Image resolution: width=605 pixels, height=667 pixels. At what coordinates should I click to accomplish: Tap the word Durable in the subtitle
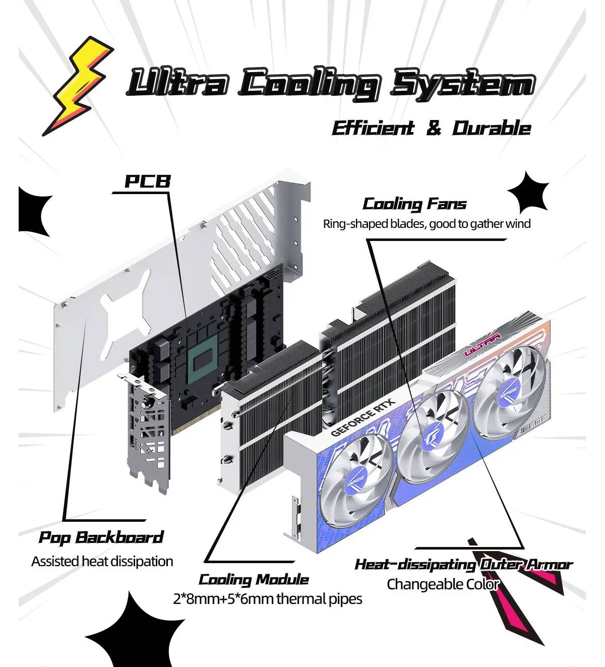point(491,128)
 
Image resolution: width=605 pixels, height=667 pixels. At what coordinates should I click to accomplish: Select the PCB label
point(147,181)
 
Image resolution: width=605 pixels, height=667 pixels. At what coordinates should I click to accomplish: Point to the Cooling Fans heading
point(414,204)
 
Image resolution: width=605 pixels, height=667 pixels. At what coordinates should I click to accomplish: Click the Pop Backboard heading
point(101,537)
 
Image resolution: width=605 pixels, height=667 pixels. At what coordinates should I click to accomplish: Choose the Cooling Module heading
point(254,580)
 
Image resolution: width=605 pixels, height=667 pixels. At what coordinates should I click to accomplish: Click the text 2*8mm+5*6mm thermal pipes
point(267,599)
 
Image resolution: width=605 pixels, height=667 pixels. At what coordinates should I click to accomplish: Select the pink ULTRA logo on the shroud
point(482,345)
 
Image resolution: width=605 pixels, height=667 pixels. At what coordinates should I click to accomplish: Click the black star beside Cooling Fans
point(528,193)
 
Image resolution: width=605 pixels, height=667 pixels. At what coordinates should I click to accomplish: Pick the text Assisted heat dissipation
point(102,561)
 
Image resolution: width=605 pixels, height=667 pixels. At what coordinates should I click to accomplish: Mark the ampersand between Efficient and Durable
point(434,129)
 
